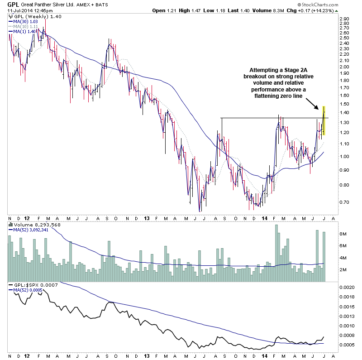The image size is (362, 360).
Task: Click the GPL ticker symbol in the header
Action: coord(12,5)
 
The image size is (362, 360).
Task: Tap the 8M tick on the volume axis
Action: coord(343,235)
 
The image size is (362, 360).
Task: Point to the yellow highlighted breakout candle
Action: coord(324,120)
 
